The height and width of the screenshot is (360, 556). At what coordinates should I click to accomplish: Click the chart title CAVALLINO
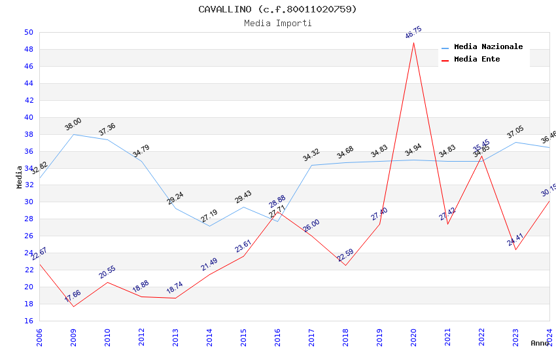(278, 9)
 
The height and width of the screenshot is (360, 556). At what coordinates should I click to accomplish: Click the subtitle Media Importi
(278, 24)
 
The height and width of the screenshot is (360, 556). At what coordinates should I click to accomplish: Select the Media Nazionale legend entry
(488, 47)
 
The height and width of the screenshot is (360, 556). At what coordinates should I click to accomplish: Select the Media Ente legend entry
(477, 60)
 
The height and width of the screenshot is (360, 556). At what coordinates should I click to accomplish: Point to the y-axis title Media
(19, 177)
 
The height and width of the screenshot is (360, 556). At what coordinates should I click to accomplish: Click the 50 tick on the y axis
(29, 32)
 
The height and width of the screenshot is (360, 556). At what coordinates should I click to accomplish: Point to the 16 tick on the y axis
(29, 321)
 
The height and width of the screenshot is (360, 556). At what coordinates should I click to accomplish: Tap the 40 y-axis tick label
(29, 117)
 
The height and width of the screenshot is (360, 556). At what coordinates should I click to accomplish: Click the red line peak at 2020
(413, 43)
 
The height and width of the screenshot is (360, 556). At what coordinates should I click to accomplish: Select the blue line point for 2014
(209, 226)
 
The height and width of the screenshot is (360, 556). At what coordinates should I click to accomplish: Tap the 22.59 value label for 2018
(345, 255)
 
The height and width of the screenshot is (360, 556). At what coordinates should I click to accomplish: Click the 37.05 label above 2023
(515, 132)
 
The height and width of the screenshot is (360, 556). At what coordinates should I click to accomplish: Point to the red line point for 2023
(515, 249)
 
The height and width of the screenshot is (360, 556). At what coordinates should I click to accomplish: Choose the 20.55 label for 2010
(107, 272)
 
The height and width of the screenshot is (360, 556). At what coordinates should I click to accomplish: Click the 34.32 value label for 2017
(311, 155)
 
